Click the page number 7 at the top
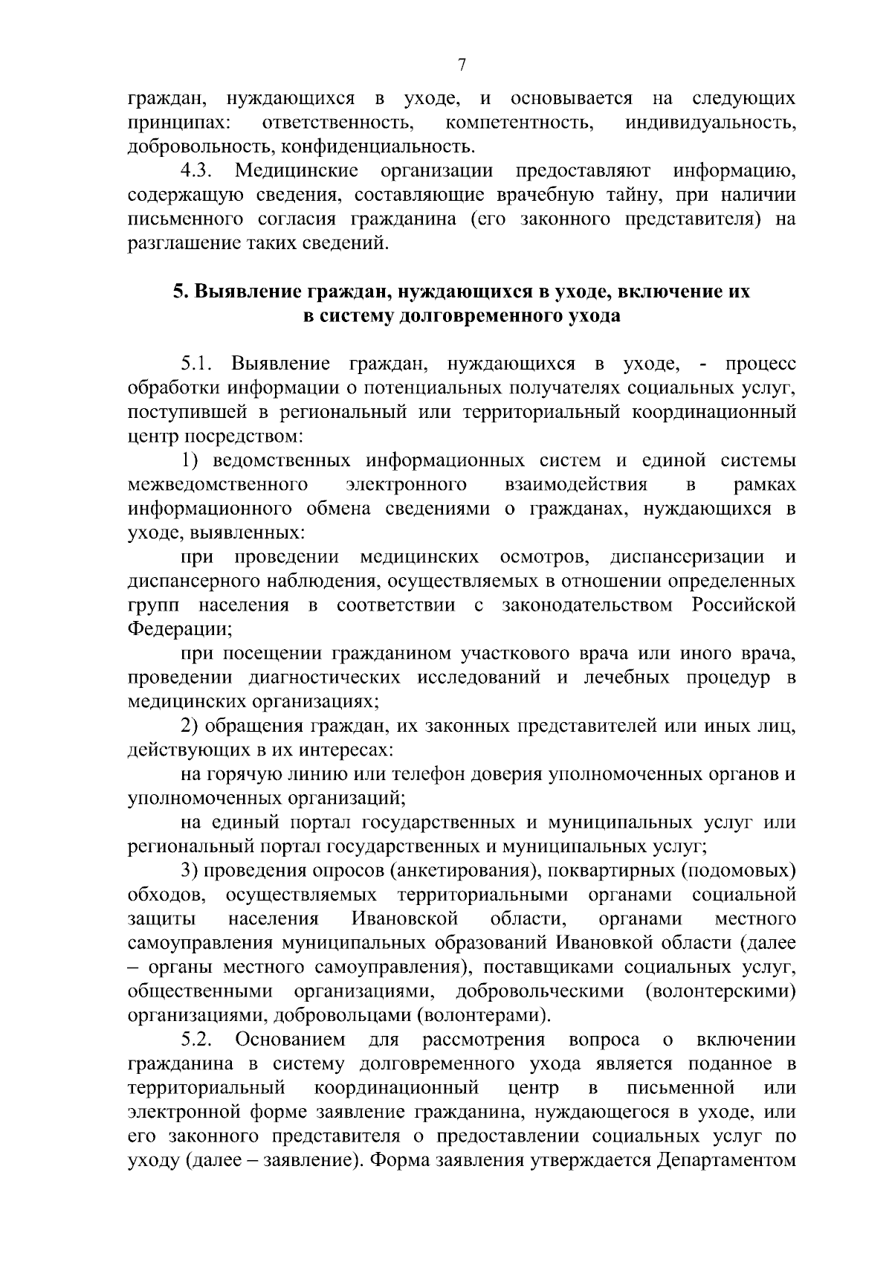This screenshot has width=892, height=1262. [461, 65]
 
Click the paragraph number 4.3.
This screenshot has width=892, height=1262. [196, 172]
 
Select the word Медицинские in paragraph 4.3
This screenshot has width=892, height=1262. [297, 172]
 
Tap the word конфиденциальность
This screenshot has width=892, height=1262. [381, 147]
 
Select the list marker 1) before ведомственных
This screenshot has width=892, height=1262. [188, 460]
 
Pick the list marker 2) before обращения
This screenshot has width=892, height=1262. [189, 726]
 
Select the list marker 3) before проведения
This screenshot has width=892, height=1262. [189, 870]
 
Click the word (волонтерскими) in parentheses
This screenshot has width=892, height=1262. [720, 991]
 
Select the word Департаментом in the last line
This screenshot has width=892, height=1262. [726, 1160]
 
